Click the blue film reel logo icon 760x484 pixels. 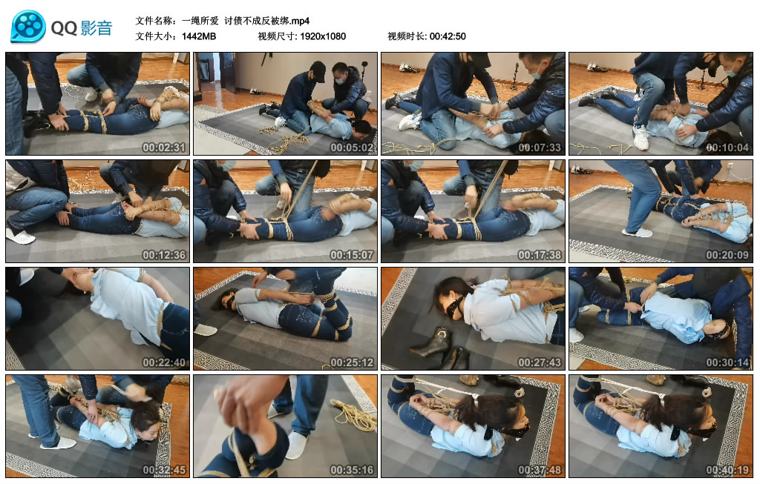28,27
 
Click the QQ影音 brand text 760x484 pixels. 82,28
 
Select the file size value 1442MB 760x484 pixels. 199,36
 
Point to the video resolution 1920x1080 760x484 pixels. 323,36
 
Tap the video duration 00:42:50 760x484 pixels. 448,36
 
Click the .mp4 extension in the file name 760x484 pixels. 300,21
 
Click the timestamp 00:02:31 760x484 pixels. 164,147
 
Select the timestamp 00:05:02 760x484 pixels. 352,147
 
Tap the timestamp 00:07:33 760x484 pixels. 540,147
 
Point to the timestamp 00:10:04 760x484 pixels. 727,147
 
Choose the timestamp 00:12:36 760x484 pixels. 164,255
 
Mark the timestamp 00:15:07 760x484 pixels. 352,255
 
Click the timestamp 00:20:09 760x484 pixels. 727,255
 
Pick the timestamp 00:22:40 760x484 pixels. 164,362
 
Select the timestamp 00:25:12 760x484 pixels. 352,362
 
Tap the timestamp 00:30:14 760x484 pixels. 727,362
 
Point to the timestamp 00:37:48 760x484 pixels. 540,470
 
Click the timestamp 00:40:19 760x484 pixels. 727,470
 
